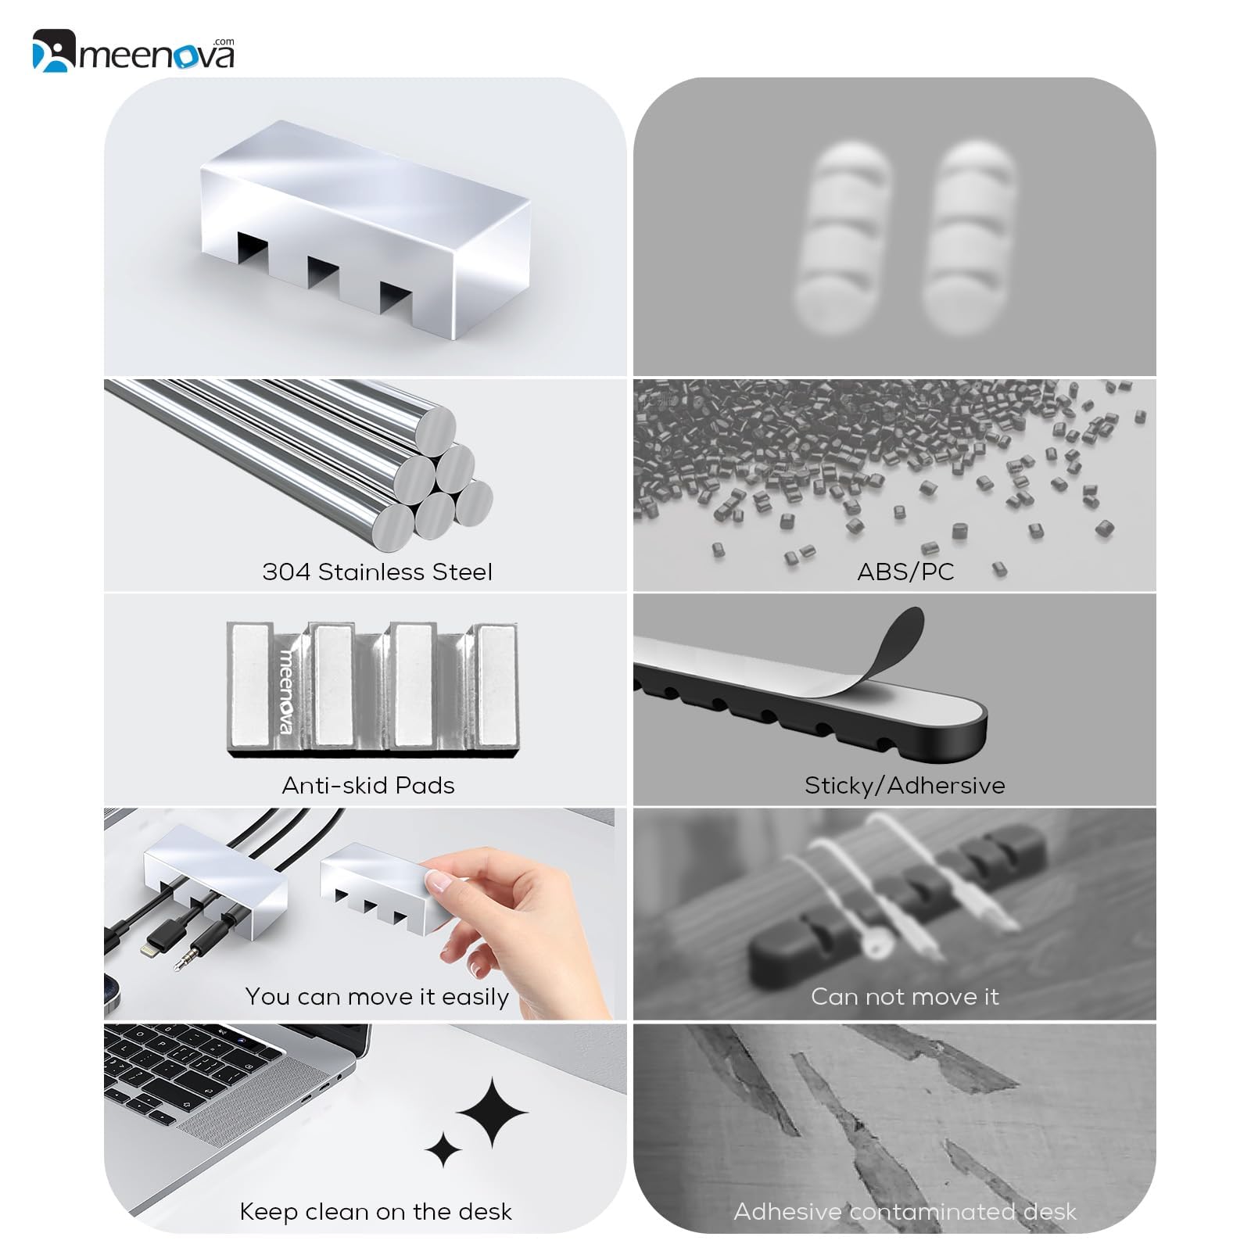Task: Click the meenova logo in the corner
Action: pos(134,51)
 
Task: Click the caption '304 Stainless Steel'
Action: pos(378,572)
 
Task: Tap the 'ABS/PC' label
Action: pos(905,572)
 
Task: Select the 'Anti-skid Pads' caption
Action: pos(368,785)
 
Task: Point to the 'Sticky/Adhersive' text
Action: pos(905,785)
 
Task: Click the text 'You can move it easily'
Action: pos(377,997)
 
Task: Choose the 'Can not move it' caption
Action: pos(905,996)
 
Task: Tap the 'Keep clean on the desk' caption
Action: pos(375,1211)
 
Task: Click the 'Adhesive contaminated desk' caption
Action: pos(905,1211)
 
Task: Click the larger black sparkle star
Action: pos(493,1112)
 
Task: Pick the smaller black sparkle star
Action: pos(443,1149)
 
